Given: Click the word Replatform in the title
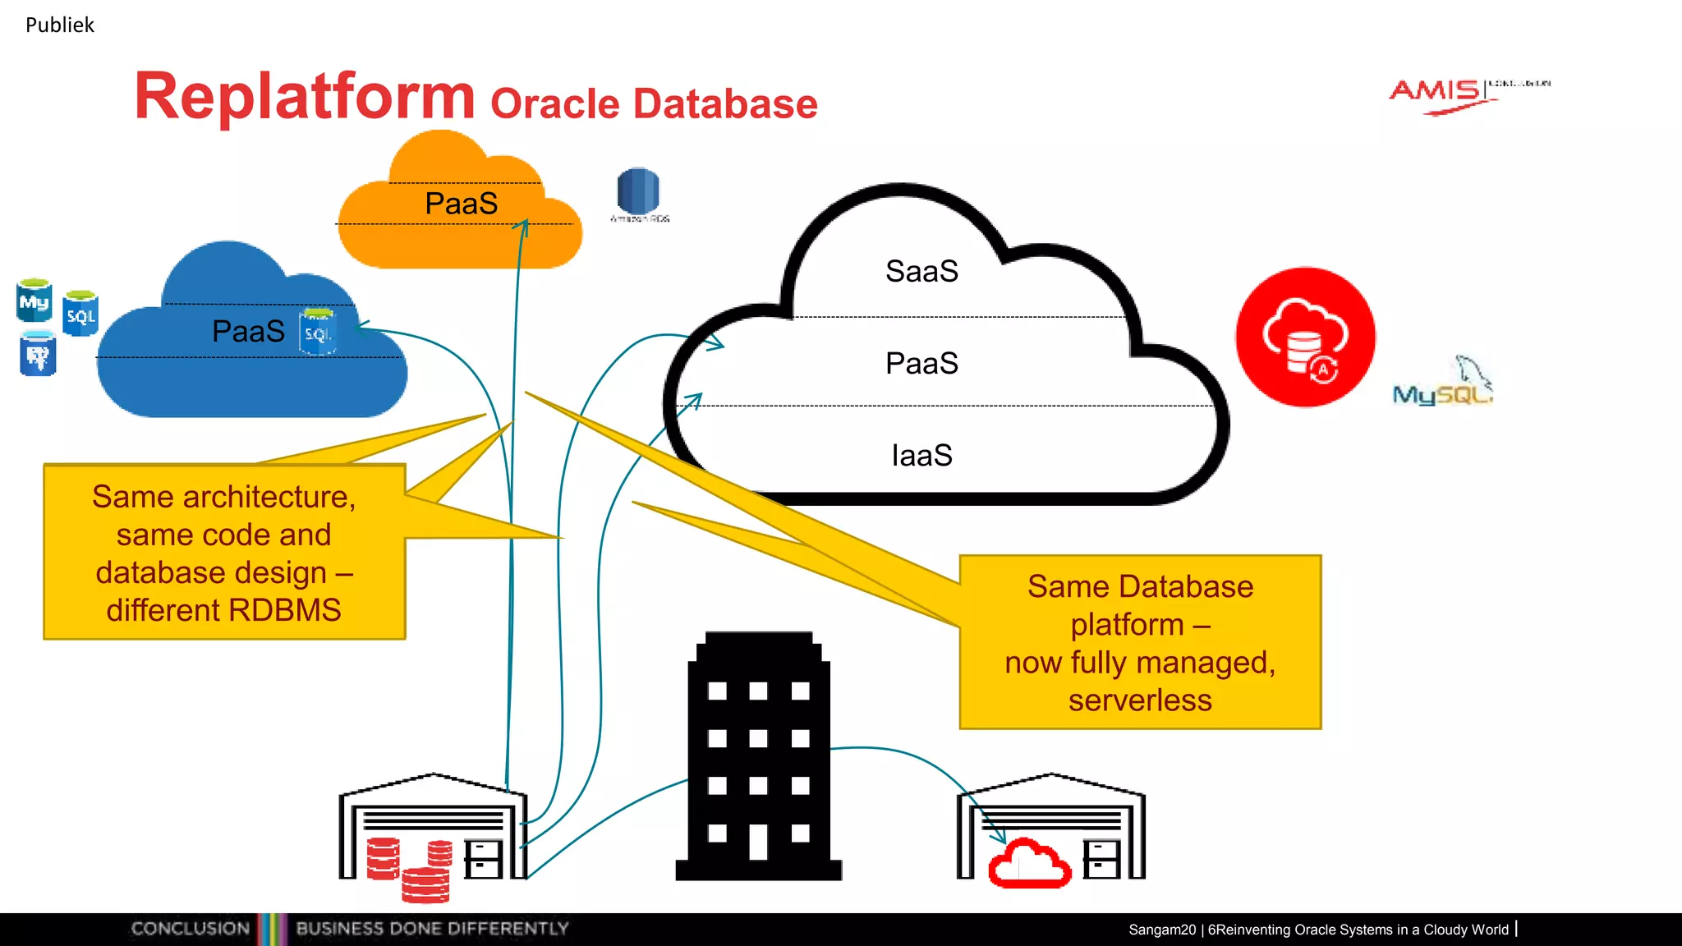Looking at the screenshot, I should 305,97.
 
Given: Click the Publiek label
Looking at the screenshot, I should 60,25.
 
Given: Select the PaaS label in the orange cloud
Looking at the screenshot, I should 461,204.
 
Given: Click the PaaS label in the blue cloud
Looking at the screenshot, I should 248,331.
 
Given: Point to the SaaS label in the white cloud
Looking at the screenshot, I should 921,271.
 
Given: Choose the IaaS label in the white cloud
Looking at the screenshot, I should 921,455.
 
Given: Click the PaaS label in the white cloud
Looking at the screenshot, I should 921,363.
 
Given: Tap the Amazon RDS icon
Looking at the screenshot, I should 638,192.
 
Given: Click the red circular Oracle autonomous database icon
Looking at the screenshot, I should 1305,337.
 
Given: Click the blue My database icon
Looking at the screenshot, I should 34,301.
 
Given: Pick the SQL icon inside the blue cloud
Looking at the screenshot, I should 318,331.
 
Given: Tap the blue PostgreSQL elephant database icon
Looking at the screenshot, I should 38,353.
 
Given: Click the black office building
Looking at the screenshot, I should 758,755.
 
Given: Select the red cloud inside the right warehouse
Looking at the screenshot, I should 1029,863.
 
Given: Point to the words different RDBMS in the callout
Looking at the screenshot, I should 223,610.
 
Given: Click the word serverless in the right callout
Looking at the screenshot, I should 1140,700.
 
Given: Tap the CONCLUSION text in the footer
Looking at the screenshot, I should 191,929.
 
